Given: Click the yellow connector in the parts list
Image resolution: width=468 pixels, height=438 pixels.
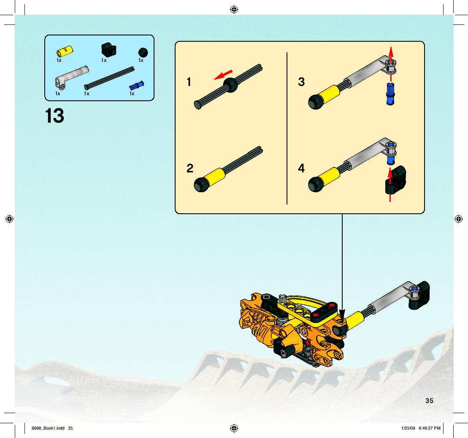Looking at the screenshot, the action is (x=65, y=51).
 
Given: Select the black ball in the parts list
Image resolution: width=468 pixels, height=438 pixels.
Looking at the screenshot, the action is (x=143, y=52).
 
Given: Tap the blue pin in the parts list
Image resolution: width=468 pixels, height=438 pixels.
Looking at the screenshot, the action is (x=137, y=85).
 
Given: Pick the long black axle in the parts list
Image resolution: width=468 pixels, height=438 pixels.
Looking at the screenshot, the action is (x=109, y=78).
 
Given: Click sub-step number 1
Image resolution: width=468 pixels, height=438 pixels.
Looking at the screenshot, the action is (x=189, y=82).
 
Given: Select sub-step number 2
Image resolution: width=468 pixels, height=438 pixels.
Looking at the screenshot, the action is (x=190, y=168).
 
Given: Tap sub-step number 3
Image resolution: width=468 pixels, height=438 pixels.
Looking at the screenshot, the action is (x=301, y=82).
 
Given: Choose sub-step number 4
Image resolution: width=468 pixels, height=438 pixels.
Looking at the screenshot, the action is (x=301, y=168).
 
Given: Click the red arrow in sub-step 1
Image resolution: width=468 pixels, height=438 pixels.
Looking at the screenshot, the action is (x=223, y=75).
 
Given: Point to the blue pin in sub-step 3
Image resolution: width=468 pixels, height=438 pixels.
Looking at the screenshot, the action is (x=390, y=94).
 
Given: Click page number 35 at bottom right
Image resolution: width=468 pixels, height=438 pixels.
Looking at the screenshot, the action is (x=429, y=401).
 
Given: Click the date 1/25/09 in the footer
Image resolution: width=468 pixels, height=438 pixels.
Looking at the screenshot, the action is (x=408, y=428).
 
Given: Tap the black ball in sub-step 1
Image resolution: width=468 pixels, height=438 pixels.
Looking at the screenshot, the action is (x=230, y=85).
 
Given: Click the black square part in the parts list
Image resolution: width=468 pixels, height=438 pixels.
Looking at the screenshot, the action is (x=108, y=50).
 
